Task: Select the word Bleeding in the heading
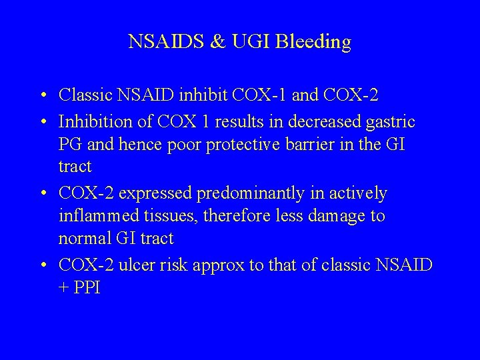(x=318, y=42)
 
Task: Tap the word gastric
(x=390, y=122)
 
